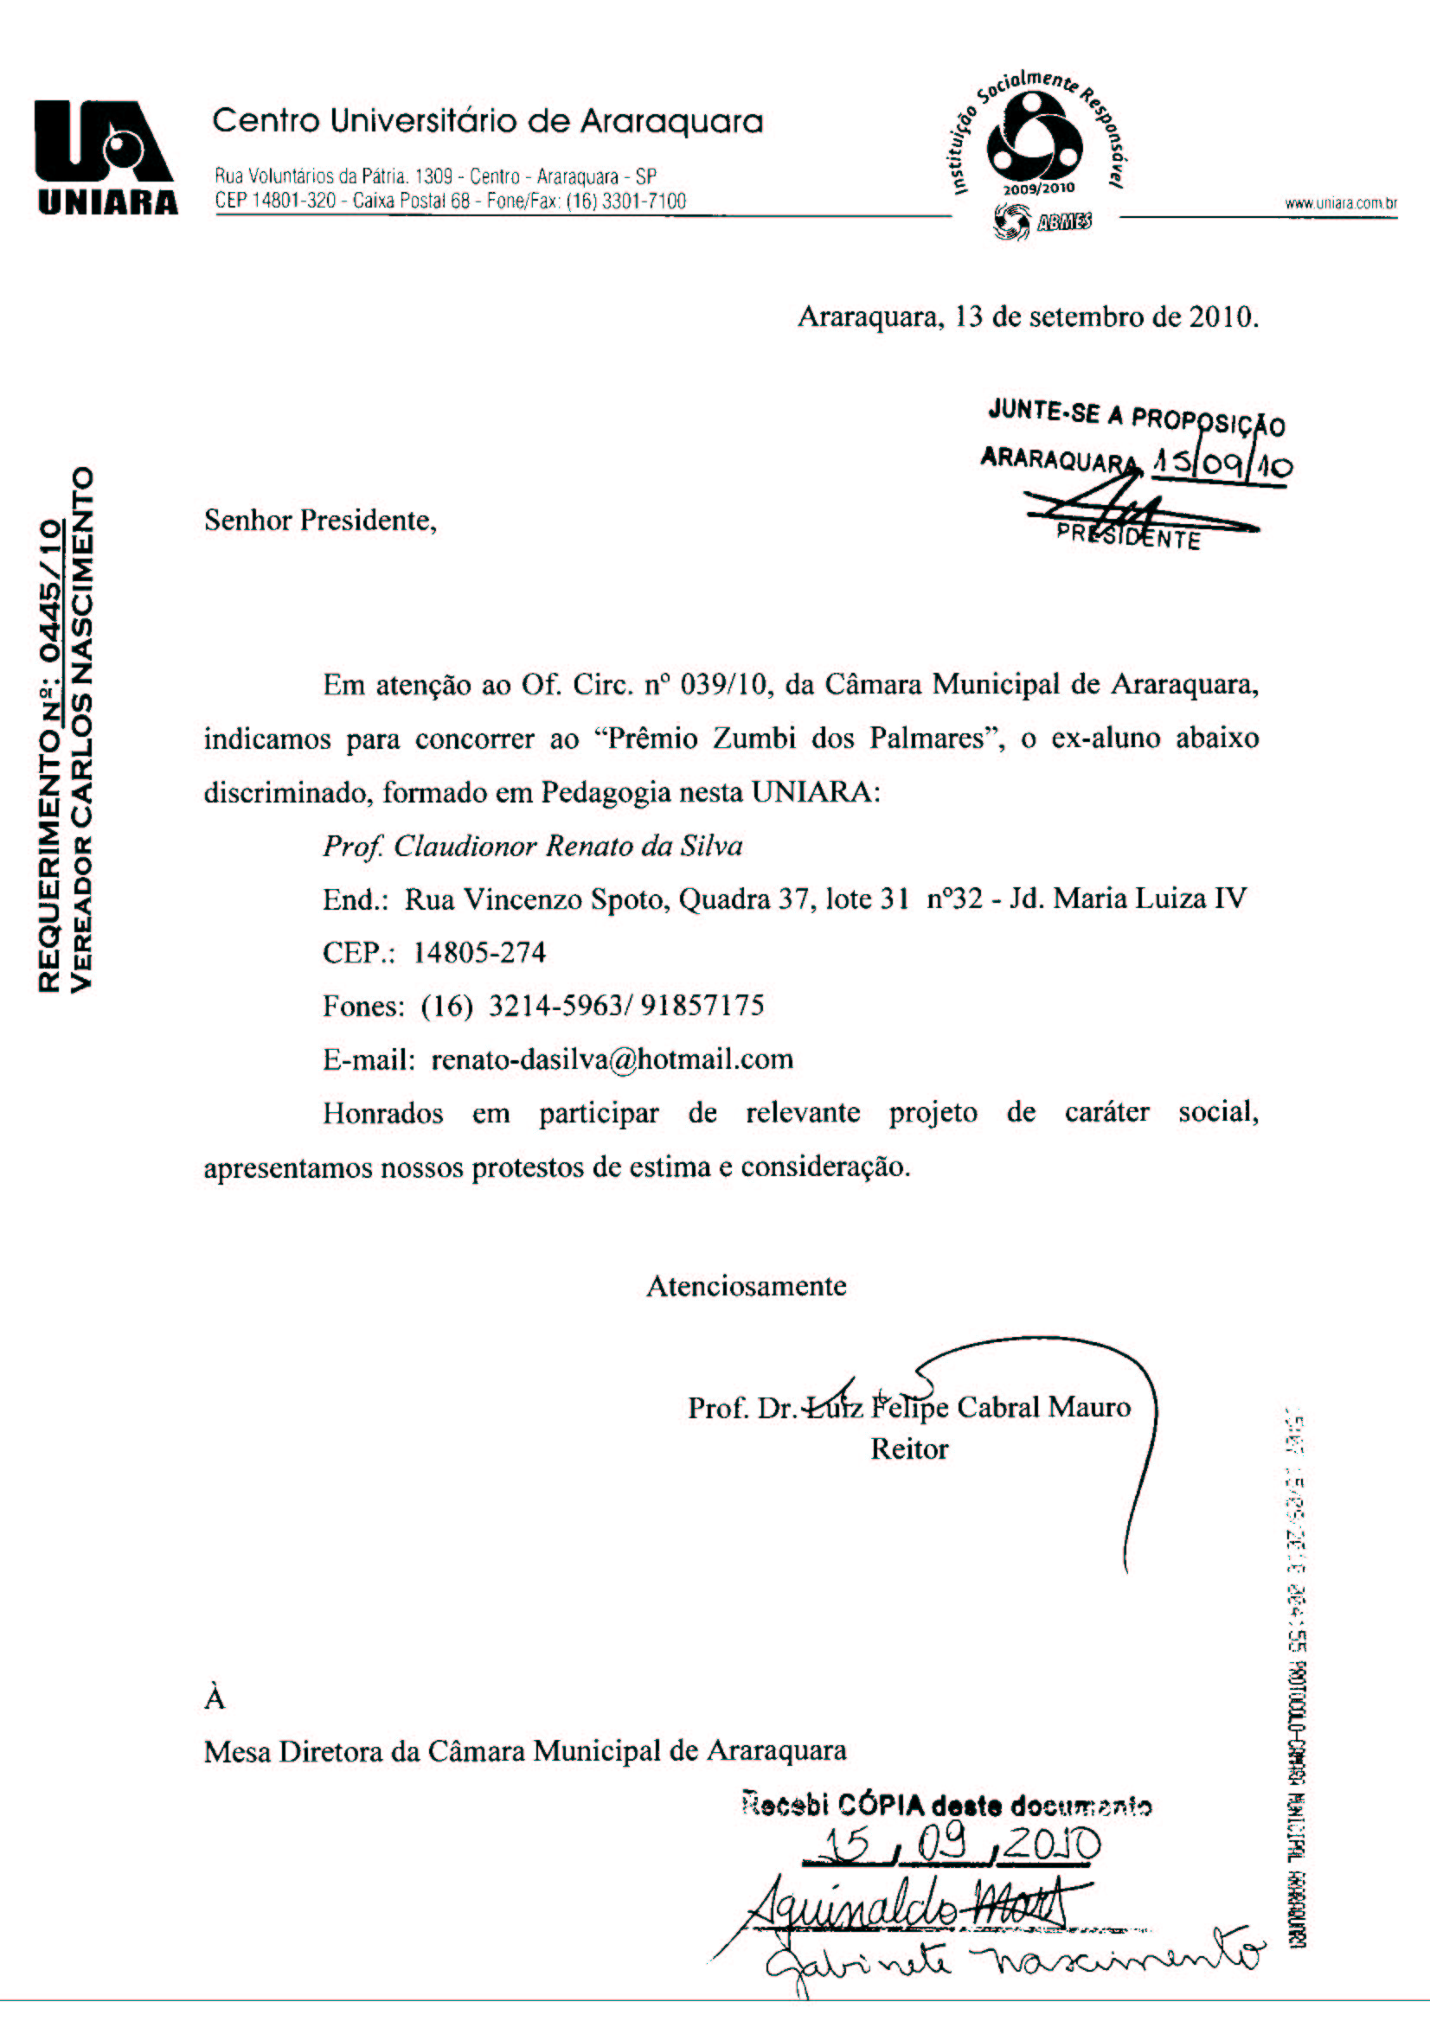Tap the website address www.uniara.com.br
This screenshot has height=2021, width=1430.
coord(1340,203)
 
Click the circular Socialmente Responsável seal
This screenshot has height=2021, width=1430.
coord(1030,143)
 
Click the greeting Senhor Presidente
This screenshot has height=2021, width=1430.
coord(320,521)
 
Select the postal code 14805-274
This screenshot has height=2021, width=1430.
coord(479,952)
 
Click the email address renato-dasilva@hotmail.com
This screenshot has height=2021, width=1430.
coord(612,1058)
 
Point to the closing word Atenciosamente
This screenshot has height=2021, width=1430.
coord(746,1286)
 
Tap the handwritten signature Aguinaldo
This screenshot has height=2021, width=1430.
coord(854,1909)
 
